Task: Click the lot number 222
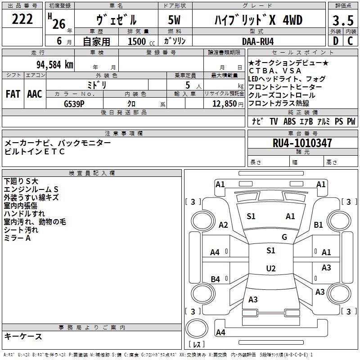click(x=22, y=19)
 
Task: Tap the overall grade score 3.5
click(x=342, y=21)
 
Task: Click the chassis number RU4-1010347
click(x=302, y=143)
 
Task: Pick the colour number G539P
click(x=75, y=103)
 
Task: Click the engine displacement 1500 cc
click(x=138, y=41)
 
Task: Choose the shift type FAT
click(x=13, y=94)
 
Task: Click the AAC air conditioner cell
click(x=35, y=94)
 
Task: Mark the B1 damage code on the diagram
click(x=319, y=225)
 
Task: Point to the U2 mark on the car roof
click(x=271, y=269)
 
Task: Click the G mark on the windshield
click(x=284, y=237)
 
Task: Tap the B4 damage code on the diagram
click(x=216, y=279)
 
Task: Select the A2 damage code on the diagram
click(x=223, y=225)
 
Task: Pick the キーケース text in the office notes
click(x=23, y=336)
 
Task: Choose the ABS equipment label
click(x=289, y=121)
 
